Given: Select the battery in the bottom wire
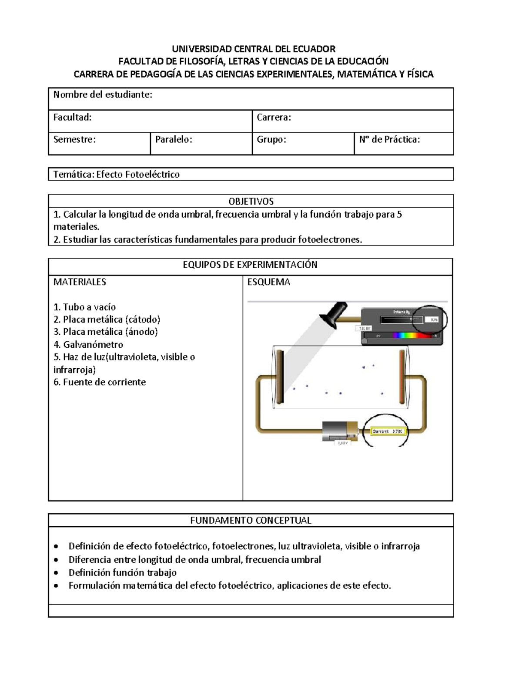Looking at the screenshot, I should pyautogui.click(x=340, y=432).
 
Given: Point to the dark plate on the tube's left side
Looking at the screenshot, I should pyautogui.click(x=280, y=376).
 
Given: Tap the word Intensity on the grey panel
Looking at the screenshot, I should pyautogui.click(x=401, y=312).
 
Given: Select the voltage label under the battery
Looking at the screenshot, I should pyautogui.click(x=342, y=443).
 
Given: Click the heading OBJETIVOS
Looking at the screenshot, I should pyautogui.click(x=251, y=201).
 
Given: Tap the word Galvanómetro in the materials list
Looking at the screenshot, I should pyautogui.click(x=93, y=344).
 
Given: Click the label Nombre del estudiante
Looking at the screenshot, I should pyautogui.click(x=103, y=94).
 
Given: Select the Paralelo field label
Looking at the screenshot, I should pyautogui.click(x=174, y=139).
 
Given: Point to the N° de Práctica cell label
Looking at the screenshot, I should pyautogui.click(x=389, y=139).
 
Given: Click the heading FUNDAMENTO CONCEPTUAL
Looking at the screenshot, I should pyautogui.click(x=251, y=520).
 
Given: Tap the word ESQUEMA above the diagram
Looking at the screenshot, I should pyautogui.click(x=268, y=282).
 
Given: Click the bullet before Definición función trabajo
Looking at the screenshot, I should pyautogui.click(x=55, y=573).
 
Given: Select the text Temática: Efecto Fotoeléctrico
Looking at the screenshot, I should pyautogui.click(x=116, y=175).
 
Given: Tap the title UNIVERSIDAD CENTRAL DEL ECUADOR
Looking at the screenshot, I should pyautogui.click(x=254, y=49).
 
